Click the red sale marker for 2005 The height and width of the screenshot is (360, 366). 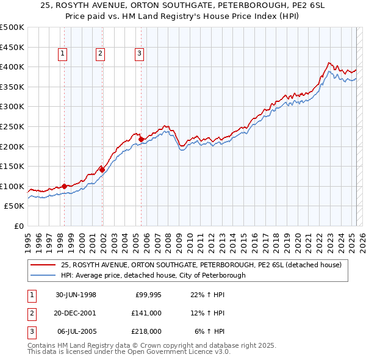(x=141, y=139)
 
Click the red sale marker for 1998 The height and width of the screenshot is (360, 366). (x=64, y=186)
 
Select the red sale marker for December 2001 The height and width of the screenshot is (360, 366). (x=102, y=170)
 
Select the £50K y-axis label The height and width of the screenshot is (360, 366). (x=15, y=206)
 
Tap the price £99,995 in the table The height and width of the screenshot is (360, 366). (x=148, y=295)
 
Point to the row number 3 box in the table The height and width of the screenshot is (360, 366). (x=30, y=331)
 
